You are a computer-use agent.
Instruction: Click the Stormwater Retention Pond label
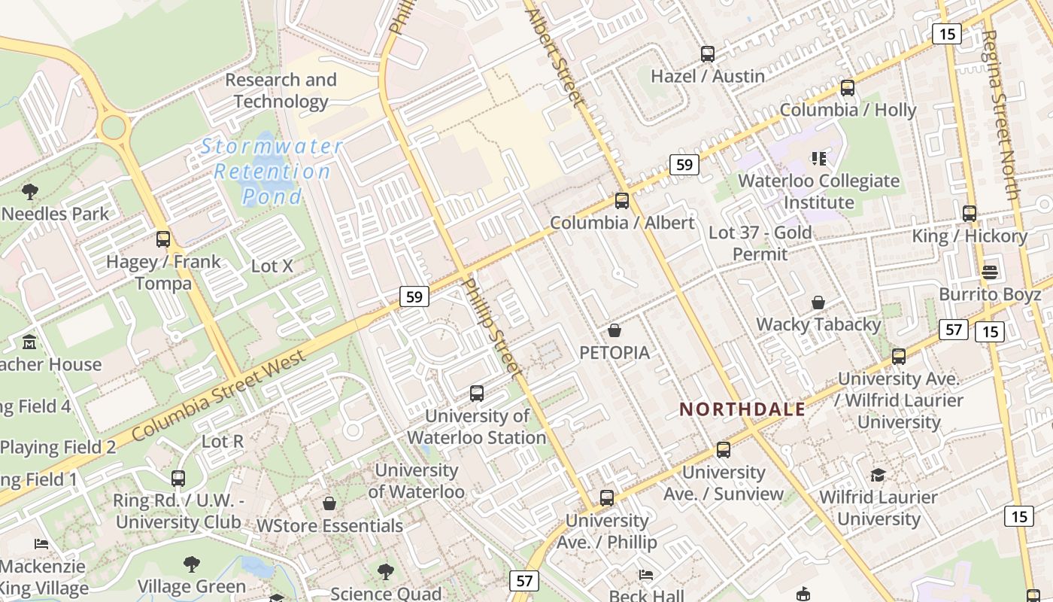coord(272,171)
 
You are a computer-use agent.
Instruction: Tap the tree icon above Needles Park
coord(30,191)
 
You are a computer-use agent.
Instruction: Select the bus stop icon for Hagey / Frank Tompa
coord(163,239)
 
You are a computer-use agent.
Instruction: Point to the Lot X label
coord(272,266)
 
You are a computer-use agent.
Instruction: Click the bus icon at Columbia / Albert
coord(622,201)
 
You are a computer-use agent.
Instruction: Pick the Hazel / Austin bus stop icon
coord(708,54)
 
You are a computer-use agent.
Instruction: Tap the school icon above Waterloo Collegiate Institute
coord(819,159)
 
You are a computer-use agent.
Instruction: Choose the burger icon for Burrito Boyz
coord(990,272)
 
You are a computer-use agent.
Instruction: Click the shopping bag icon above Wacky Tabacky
coord(818,303)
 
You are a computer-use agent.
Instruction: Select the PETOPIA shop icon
coord(615,330)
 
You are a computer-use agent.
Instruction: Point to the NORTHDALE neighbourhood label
coord(742,409)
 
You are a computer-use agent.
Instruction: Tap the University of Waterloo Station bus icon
coord(477,393)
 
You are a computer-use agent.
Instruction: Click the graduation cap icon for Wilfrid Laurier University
coord(878,475)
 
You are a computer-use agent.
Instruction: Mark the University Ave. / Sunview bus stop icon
coord(724,450)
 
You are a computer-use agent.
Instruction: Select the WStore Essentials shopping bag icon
coord(329,503)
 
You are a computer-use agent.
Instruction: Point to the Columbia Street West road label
coord(220,396)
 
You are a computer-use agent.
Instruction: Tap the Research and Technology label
coord(281,90)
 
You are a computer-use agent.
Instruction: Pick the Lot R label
coord(223,441)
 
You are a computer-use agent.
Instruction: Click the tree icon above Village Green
coord(192,564)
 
